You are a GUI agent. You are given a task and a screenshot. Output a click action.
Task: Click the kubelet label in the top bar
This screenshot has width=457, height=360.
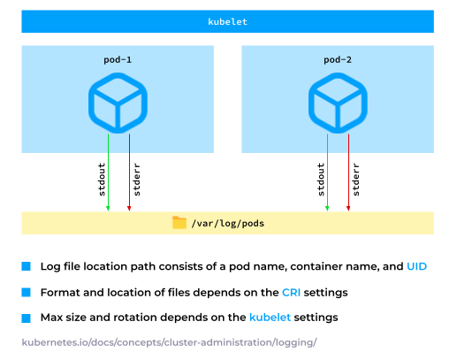coord(227,21)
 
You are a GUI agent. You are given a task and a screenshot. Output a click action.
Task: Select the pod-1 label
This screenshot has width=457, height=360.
coord(118,59)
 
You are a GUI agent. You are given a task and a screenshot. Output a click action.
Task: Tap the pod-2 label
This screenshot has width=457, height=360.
coord(338,59)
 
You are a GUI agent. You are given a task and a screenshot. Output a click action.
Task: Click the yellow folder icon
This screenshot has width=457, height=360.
coord(179,223)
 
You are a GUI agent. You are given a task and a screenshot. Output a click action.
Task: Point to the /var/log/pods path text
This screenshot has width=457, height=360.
coord(227,224)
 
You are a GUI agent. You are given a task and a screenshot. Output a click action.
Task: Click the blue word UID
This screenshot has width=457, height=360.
coord(417,266)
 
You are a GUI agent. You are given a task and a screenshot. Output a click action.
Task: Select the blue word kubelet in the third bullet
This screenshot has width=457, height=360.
coord(270,317)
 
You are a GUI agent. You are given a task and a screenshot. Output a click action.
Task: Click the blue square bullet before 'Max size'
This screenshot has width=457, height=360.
coord(27,317)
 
